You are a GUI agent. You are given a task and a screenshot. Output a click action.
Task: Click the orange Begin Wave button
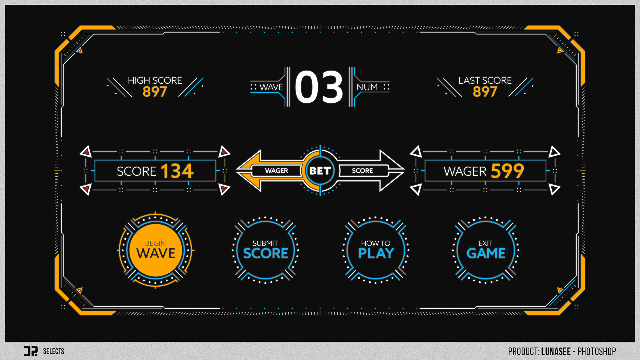156,250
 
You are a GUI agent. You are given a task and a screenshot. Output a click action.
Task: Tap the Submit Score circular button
265,250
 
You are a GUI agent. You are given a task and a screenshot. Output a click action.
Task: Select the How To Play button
376,250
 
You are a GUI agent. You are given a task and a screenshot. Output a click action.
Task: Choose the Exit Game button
486,250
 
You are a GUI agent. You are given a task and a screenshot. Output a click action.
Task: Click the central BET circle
320,171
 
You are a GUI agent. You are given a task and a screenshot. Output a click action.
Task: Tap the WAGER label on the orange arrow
276,171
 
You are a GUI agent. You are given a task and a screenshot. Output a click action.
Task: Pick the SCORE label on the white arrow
362,171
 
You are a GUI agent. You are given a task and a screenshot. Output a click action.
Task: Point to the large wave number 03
319,87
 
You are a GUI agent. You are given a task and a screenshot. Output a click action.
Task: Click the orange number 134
177,171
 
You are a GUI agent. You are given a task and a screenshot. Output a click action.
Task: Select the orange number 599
507,171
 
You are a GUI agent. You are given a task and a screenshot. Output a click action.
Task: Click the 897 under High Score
155,92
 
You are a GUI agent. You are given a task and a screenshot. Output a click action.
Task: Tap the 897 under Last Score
485,92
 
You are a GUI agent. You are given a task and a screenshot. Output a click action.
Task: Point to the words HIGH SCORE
155,80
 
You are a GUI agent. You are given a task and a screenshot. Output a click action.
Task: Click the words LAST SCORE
485,80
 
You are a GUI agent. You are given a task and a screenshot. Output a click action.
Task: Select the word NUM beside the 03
367,87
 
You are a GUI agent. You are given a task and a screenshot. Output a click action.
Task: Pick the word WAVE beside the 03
271,87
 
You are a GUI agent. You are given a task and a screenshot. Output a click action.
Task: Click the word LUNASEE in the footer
556,351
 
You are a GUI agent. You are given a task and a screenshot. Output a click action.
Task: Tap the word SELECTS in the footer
53,351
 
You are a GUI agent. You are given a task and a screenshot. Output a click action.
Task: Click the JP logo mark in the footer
31,351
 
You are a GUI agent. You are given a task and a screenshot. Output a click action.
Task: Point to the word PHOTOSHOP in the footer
597,351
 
